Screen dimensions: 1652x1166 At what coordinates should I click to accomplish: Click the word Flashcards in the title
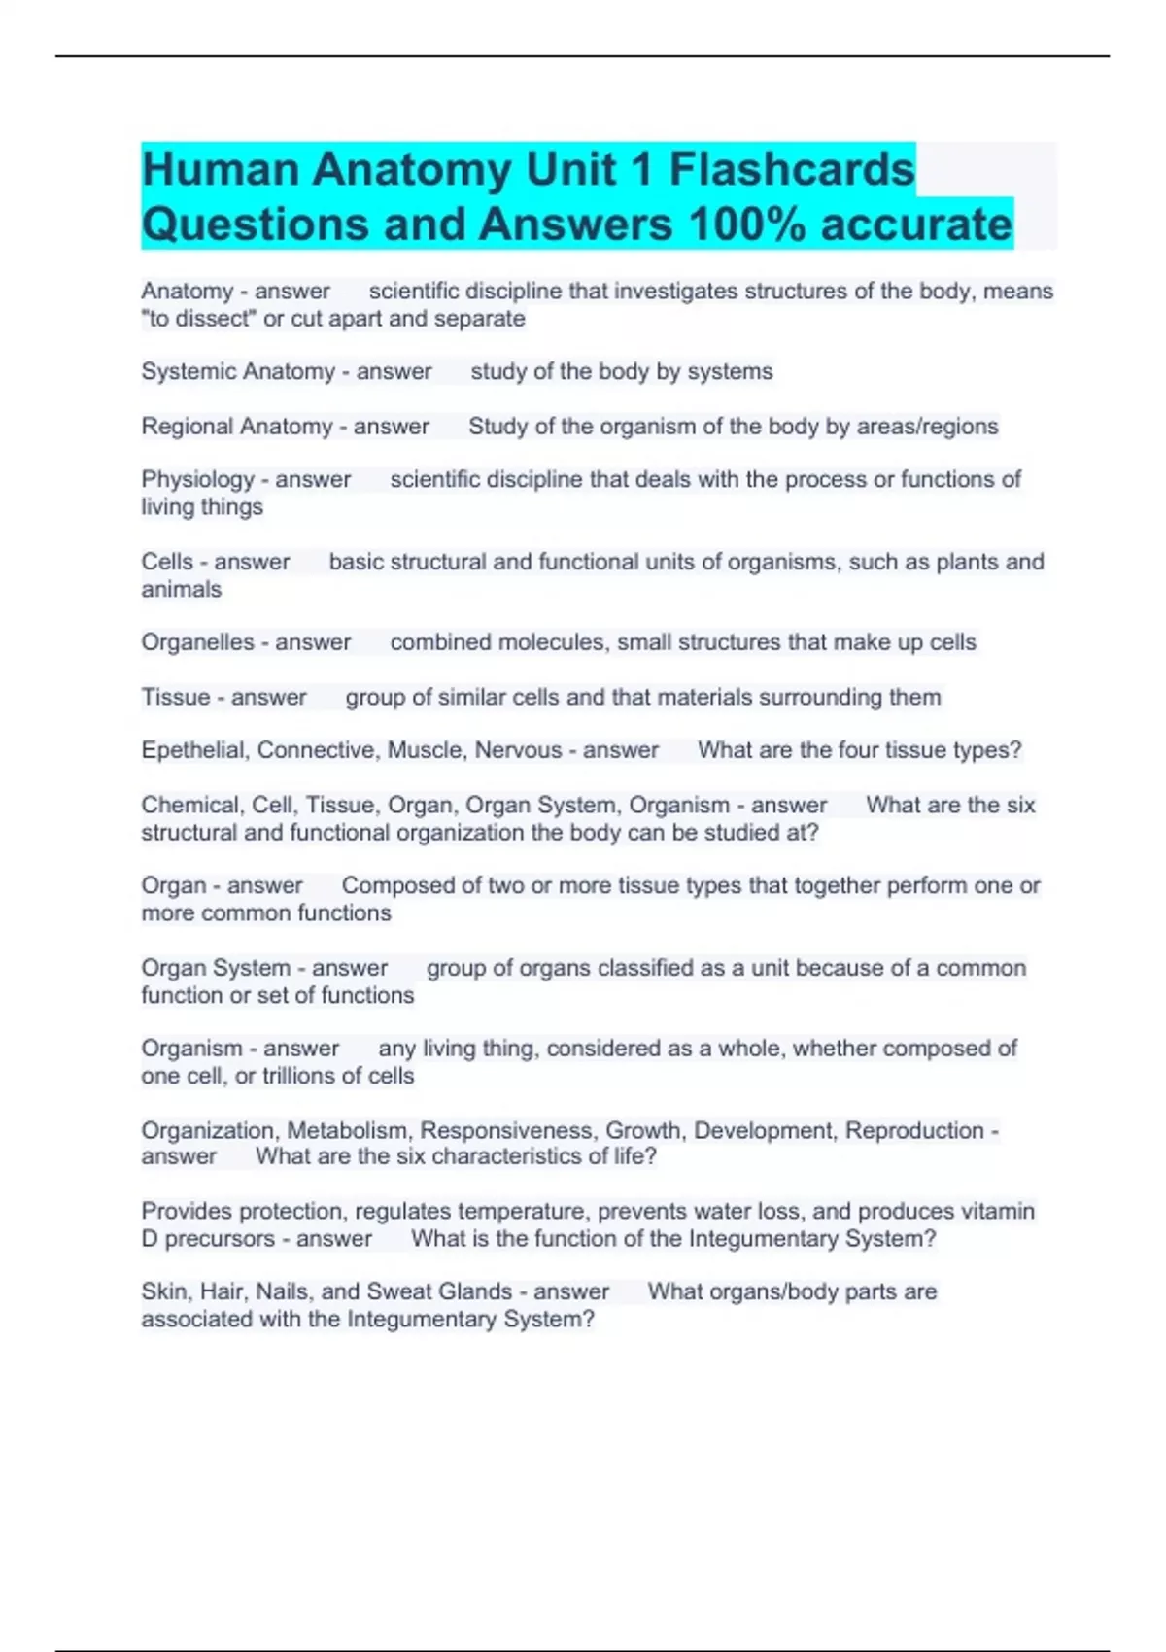click(x=791, y=170)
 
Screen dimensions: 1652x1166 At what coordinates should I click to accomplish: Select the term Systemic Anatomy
click(x=238, y=371)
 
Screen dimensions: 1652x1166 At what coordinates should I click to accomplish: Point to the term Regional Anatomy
click(x=236, y=427)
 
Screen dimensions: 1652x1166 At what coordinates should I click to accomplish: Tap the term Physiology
click(x=197, y=479)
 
